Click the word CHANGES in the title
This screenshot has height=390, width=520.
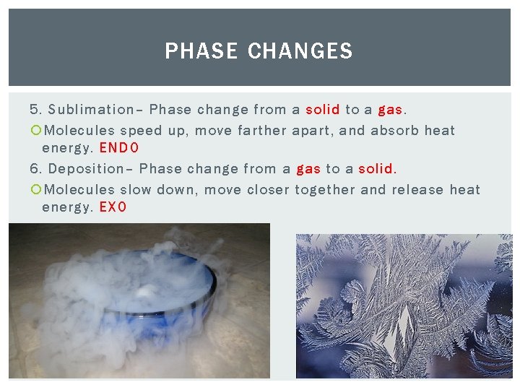(300, 51)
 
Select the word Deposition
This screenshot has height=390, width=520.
(87, 169)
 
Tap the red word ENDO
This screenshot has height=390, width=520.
(119, 148)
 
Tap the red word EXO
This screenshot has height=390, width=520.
(113, 207)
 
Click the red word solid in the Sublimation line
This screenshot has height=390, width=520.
(323, 110)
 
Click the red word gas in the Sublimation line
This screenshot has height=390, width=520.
(390, 110)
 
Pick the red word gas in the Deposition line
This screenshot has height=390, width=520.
(308, 170)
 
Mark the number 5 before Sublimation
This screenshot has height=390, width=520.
(34, 110)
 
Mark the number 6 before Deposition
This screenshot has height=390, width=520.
(34, 169)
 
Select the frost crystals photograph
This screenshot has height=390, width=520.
(404, 306)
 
